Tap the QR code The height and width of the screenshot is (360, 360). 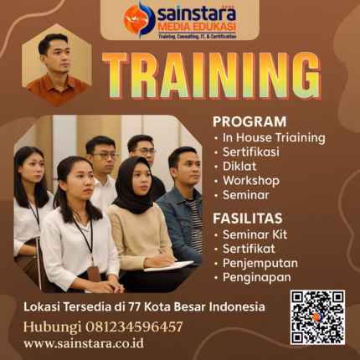317,317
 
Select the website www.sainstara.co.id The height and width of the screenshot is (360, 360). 83,343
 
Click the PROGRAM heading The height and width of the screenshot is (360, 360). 249,121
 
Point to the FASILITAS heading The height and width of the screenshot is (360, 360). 248,217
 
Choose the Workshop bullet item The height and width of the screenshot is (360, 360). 250,180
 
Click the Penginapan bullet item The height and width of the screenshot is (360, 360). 257,276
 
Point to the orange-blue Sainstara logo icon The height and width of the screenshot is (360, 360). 140,19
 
